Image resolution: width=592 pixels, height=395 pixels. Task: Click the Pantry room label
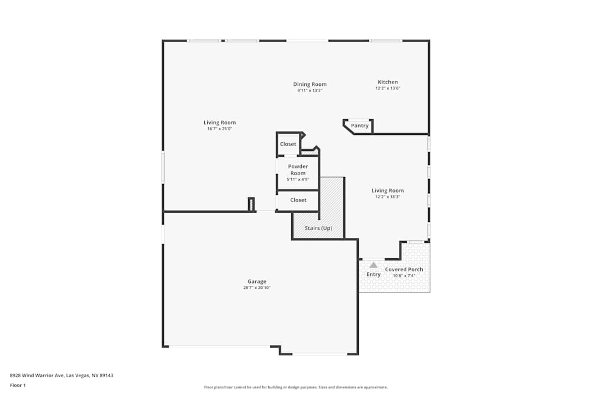[x=360, y=126]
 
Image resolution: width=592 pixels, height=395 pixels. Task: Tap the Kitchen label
[x=388, y=82]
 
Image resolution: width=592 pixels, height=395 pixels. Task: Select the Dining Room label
[x=310, y=85]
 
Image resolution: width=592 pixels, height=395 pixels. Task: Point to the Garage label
[x=257, y=282]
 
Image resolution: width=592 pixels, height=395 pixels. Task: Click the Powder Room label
[x=298, y=170]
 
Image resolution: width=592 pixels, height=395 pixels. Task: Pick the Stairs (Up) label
[x=318, y=229]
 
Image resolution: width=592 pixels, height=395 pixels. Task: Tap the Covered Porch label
[x=404, y=269]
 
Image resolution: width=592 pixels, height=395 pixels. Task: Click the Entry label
[x=374, y=274]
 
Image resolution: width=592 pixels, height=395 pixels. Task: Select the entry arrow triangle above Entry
[x=373, y=265]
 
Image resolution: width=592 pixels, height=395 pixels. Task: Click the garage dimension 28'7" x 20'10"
[x=257, y=288]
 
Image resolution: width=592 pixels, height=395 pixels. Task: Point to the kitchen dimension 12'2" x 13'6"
[x=388, y=88]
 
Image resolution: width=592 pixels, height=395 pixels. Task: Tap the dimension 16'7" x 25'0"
[x=220, y=129]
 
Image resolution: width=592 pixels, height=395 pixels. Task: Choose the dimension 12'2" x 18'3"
[x=388, y=197]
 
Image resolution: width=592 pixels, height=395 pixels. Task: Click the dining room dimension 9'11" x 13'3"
[x=310, y=91]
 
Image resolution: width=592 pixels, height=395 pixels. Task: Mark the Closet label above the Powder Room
[x=288, y=144]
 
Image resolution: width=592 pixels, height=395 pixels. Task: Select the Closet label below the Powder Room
[x=298, y=200]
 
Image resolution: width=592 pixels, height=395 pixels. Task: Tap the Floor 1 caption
[x=18, y=385]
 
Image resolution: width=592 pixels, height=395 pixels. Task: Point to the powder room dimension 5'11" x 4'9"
[x=298, y=179]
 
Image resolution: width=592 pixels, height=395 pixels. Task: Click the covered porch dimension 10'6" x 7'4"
[x=404, y=275]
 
